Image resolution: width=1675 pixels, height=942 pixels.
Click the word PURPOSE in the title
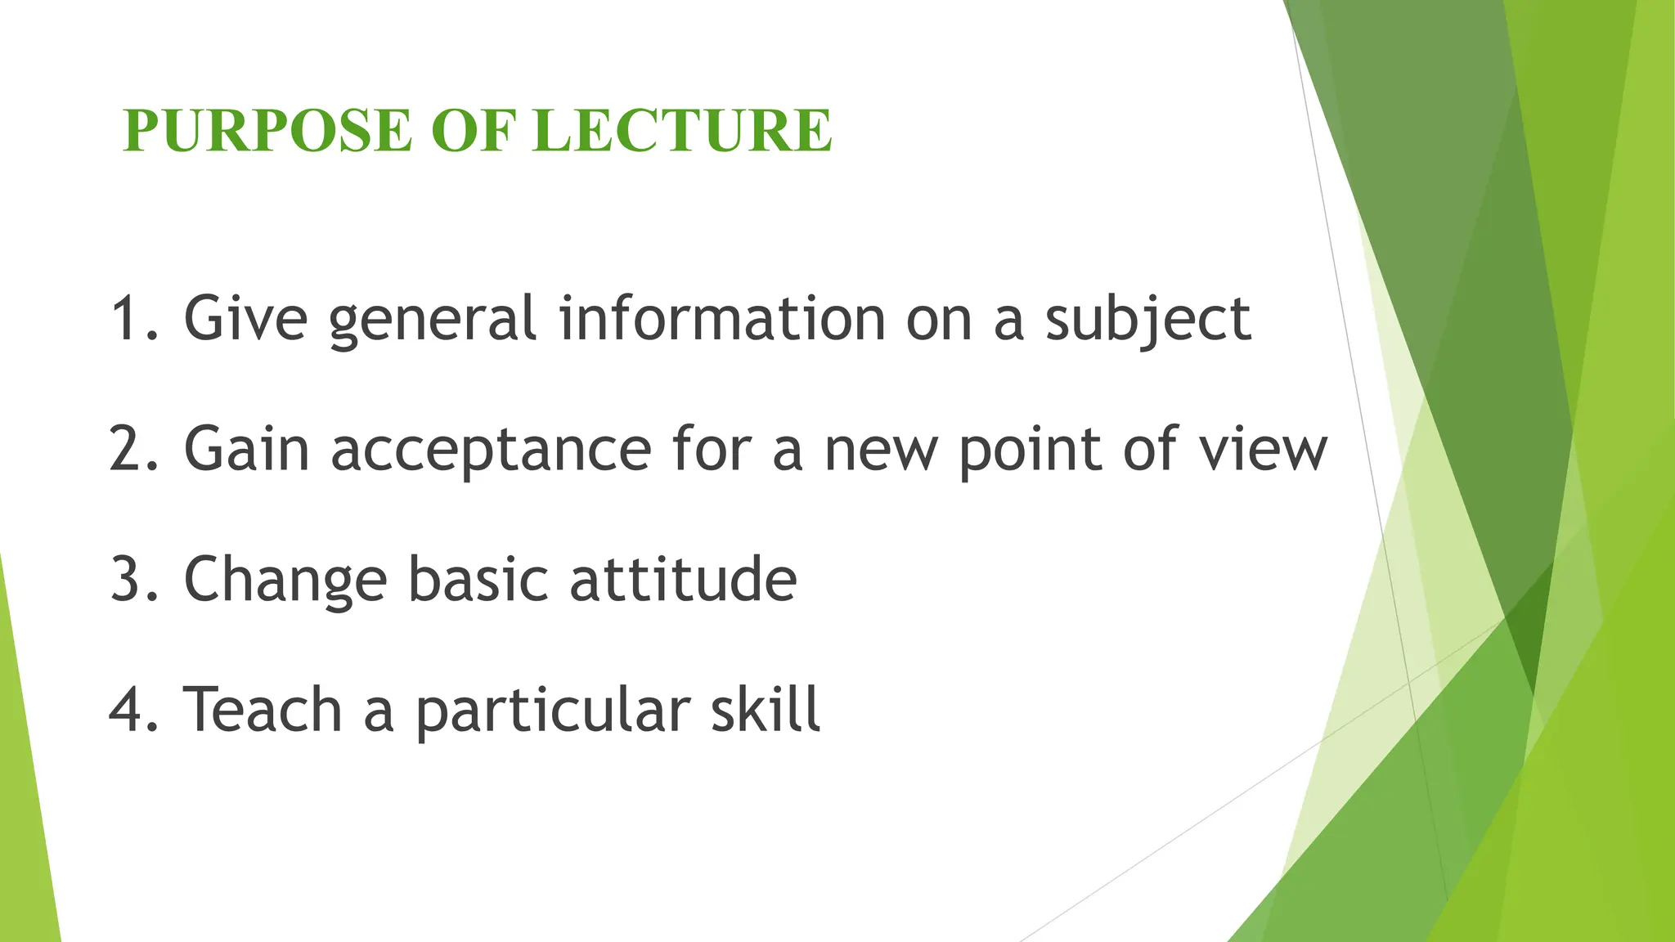(x=267, y=131)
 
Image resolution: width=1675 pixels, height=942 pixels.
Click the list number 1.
(x=129, y=319)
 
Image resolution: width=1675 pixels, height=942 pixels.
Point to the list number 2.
(x=129, y=449)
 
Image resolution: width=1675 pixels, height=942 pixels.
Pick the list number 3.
(x=129, y=579)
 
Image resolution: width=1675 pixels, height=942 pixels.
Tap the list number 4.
(x=129, y=709)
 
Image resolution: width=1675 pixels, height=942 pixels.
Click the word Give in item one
(x=245, y=319)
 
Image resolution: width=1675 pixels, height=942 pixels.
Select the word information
(x=722, y=319)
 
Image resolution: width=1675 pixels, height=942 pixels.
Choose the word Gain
(x=246, y=449)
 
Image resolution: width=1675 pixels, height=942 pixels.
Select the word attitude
(x=683, y=579)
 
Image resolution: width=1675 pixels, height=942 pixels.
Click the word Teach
(x=262, y=709)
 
